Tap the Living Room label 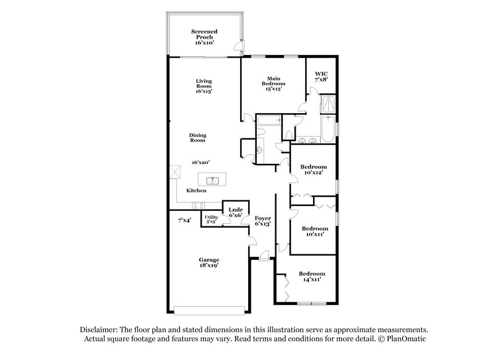click(x=204, y=86)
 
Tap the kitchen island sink click(x=212, y=180)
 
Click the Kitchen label click(x=196, y=191)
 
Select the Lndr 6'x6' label click(x=236, y=212)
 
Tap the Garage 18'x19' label click(x=209, y=262)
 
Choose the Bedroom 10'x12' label click(x=314, y=170)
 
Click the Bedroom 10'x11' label click(x=314, y=231)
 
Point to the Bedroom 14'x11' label click(x=312, y=276)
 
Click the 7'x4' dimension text click(x=184, y=220)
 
